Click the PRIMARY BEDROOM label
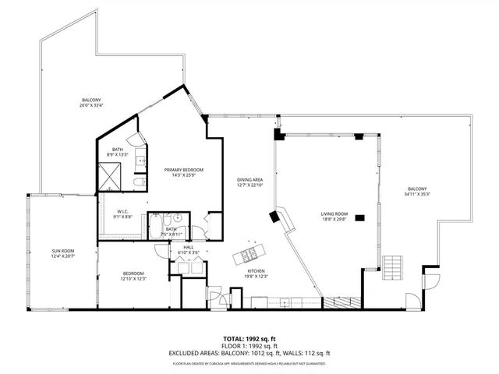183,169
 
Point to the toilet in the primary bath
138,182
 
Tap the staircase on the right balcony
393,270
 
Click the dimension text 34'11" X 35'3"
416,195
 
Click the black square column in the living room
360,218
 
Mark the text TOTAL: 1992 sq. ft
249,338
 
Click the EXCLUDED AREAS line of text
249,353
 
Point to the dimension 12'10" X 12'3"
133,279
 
